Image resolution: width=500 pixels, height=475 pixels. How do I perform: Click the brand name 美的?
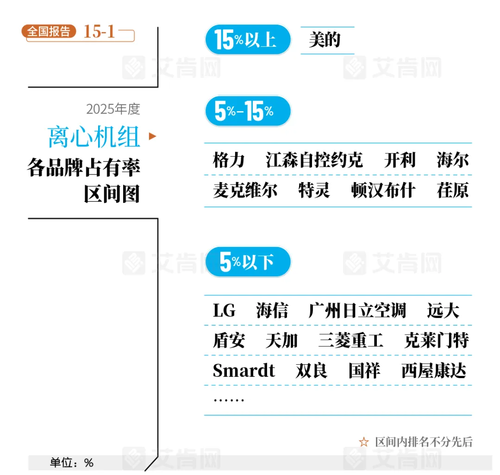pos(325,40)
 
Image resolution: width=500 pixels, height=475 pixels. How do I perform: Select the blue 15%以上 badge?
pos(248,40)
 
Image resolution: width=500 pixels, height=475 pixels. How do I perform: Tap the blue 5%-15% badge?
pos(248,111)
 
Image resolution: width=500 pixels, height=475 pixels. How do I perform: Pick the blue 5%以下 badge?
pos(248,262)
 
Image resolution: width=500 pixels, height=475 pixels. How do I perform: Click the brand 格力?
pos(229,160)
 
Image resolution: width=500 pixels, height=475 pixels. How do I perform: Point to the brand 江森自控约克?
pos(314,160)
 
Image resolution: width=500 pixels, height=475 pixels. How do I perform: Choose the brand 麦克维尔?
pos(245,190)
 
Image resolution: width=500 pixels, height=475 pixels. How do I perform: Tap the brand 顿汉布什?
pos(383,190)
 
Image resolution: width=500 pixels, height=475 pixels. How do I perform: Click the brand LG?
pos(224,310)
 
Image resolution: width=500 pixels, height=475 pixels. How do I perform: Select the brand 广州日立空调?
pos(357,310)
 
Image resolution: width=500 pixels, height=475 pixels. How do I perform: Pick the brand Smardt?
pos(244,371)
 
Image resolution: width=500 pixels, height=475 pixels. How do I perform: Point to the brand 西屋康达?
pos(433,371)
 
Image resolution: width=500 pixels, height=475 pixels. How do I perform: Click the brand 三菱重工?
pos(350,341)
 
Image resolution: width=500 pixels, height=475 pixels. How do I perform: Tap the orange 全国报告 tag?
pos(49,32)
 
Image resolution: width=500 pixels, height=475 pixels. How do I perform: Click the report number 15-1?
pos(99,32)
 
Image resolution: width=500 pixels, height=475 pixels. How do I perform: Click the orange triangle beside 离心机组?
pos(152,136)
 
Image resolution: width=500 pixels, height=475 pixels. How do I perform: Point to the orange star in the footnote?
pos(364,442)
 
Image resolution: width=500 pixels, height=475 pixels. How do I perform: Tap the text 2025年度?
pos(113,109)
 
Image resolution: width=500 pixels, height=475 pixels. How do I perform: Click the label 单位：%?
pos(72,462)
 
